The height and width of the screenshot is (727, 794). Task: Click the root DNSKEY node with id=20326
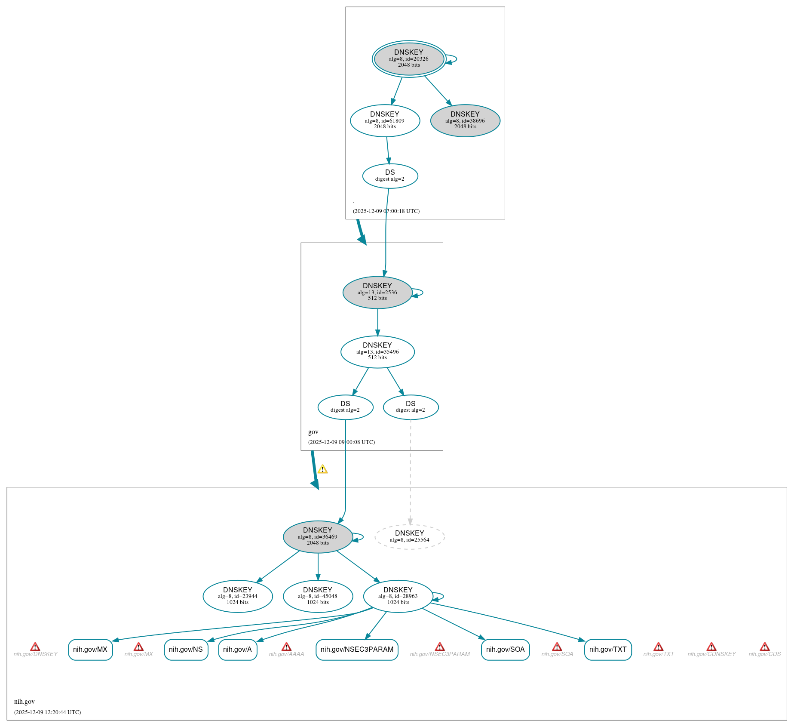409,59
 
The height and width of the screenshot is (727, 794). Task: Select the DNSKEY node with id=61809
385,121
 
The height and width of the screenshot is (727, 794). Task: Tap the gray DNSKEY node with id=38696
465,121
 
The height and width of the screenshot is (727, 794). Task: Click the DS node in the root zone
390,176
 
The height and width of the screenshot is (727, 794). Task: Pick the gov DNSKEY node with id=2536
377,293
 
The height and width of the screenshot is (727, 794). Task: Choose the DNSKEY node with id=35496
377,352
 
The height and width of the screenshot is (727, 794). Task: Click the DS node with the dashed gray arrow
411,407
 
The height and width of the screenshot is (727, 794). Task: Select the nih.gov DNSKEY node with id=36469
318,537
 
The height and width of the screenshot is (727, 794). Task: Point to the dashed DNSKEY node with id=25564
410,537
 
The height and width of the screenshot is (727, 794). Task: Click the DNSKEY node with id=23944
238,596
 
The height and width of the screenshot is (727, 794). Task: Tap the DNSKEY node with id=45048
318,596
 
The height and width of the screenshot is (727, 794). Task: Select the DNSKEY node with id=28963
398,596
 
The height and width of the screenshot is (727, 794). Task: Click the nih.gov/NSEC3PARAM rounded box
357,650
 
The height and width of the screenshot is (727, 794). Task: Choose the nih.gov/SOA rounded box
505,650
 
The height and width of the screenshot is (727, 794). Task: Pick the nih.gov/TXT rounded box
608,650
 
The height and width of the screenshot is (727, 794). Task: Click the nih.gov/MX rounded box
90,650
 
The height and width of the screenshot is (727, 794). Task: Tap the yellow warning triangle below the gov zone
322,469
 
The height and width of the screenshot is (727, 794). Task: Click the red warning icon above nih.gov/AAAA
286,647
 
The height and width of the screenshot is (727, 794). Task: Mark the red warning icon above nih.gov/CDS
764,647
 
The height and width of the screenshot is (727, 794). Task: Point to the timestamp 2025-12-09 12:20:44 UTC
47,712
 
